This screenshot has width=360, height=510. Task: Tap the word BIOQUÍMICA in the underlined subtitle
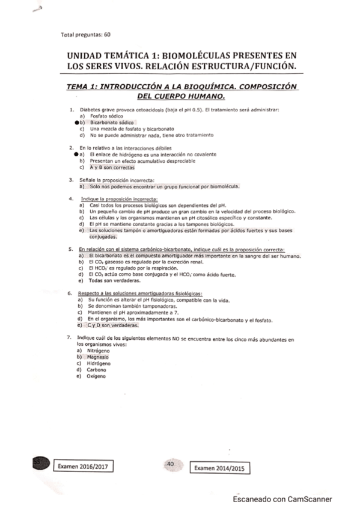pos(209,87)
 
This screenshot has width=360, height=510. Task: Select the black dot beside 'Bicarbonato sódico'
pos(70,122)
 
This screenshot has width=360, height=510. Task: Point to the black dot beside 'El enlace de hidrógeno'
pos(70,155)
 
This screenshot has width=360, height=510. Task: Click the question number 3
pos(72,180)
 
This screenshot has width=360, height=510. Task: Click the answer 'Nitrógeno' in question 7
pos(99,350)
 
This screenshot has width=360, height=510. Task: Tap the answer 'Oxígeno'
pos(97,376)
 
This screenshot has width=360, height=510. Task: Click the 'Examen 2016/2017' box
pos(85,466)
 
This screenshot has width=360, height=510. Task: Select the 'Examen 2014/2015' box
pos(221,468)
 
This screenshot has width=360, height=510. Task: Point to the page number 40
pos(170,464)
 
